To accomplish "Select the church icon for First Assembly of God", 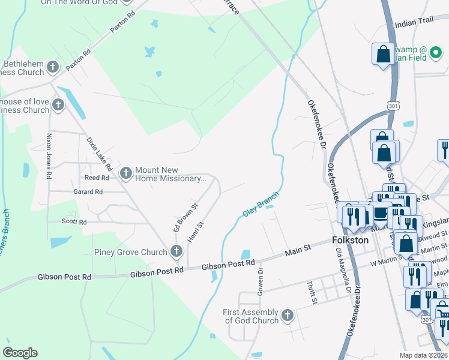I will pyautogui.click(x=288, y=315).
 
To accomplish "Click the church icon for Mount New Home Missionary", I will pyautogui.click(x=125, y=173).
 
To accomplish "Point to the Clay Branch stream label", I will pyautogui.click(x=261, y=204).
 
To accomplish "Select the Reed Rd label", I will pyautogui.click(x=97, y=178).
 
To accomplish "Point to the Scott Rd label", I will pyautogui.click(x=75, y=221).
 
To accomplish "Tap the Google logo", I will pyautogui.click(x=20, y=353).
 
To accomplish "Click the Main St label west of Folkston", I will pyautogui.click(x=298, y=249).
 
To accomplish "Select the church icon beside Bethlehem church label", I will pyautogui.click(x=53, y=67).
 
